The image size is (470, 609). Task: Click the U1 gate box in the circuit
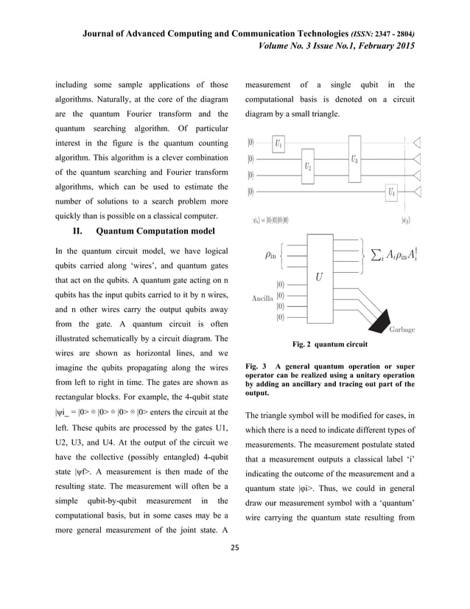click(278, 144)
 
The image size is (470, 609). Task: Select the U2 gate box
click(308, 166)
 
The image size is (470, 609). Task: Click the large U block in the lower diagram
click(319, 278)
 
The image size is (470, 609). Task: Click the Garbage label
click(401, 330)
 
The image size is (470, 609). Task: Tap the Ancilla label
click(262, 299)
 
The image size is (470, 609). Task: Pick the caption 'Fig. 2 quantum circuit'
click(329, 344)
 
